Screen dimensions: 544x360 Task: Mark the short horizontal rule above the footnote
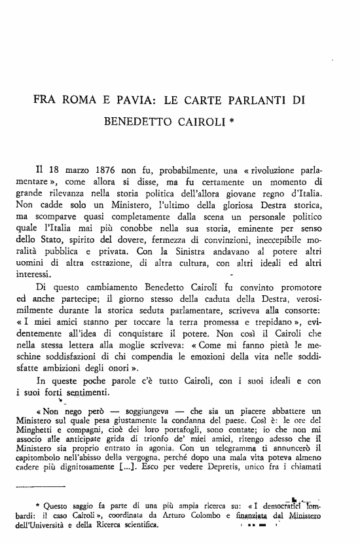coord(40,505)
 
